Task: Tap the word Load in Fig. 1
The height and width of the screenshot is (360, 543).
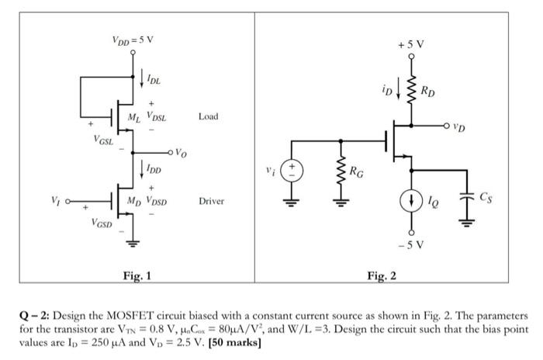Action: click(x=209, y=116)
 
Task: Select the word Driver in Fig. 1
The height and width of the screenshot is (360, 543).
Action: click(x=211, y=201)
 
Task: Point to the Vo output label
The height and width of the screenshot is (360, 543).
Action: click(x=179, y=152)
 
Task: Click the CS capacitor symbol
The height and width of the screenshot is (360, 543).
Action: click(x=466, y=197)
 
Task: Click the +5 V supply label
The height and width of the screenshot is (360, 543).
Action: click(x=412, y=46)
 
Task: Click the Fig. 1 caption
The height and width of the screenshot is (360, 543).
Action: click(x=137, y=275)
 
